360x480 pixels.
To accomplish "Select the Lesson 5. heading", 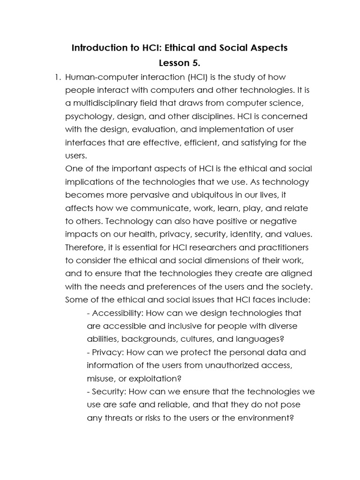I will pyautogui.click(x=180, y=63).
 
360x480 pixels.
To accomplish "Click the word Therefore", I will pyautogui.click(x=84, y=247).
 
